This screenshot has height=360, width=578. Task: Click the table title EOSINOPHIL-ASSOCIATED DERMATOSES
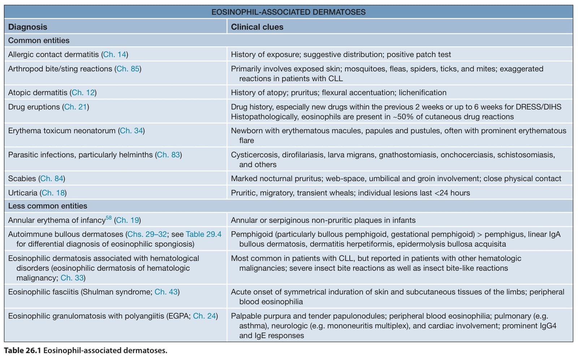[288, 12]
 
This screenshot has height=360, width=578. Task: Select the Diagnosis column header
[27, 27]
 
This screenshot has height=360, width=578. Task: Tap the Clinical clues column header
[257, 27]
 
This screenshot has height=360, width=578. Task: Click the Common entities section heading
[39, 40]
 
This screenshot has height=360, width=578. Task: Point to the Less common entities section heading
[47, 206]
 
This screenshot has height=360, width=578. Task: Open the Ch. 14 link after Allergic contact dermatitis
[115, 55]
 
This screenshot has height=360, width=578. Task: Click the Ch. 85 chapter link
[128, 69]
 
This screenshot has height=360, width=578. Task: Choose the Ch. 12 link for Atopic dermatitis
[83, 92]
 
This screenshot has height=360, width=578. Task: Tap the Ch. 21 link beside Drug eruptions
[76, 107]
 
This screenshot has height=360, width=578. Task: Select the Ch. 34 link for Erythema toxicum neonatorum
[131, 131]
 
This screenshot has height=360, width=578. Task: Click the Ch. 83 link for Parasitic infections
[168, 155]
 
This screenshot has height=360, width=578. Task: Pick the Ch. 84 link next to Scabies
[52, 178]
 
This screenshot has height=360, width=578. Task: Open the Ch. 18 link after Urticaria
[53, 193]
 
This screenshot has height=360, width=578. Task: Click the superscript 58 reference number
[109, 218]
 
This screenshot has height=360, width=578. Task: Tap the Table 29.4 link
[204, 234]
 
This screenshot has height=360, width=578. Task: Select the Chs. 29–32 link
[147, 234]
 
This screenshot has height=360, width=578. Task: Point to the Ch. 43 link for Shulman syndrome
[166, 292]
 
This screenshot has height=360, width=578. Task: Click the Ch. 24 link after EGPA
[204, 316]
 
